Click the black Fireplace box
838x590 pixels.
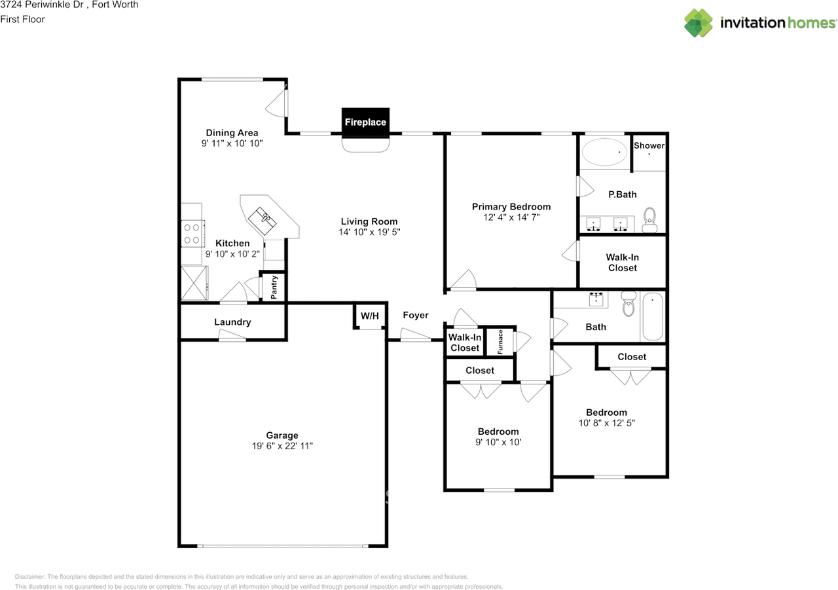tap(365, 121)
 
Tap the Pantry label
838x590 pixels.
tap(274, 287)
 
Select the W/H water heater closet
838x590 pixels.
tap(370, 316)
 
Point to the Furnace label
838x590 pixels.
tap(500, 342)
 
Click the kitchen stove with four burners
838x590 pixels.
tap(192, 234)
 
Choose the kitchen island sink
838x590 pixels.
tap(263, 221)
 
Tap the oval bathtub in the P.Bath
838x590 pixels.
tap(604, 152)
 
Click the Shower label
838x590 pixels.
tap(649, 145)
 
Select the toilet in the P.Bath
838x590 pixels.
tap(650, 220)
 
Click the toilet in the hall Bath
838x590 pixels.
tap(628, 303)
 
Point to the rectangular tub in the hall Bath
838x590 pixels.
tap(653, 316)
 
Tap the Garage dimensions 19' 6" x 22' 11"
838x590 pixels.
tap(282, 445)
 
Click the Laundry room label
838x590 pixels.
tap(232, 322)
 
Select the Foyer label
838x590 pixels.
tap(416, 316)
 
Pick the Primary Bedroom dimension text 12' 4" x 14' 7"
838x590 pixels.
tap(511, 217)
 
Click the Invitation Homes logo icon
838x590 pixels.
tap(699, 23)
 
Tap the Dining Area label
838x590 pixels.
tap(232, 133)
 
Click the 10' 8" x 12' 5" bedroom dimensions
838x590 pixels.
tap(606, 423)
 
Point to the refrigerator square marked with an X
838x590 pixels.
tap(194, 283)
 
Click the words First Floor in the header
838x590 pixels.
tap(22, 19)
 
